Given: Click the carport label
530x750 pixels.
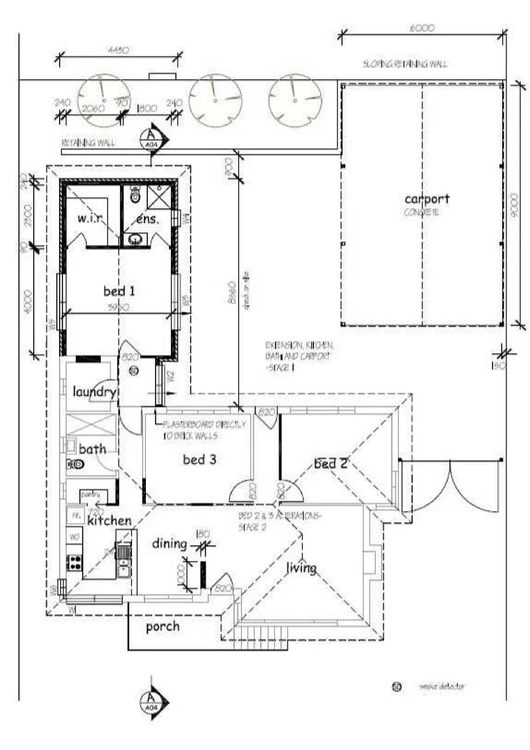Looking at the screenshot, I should [427, 199].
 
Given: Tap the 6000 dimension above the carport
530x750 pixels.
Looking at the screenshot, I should [422, 28].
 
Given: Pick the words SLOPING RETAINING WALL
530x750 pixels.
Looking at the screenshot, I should [405, 64].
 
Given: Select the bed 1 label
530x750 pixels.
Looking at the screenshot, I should [119, 291].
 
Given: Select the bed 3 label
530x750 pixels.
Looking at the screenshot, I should [198, 459].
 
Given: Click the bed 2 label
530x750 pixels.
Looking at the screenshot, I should [331, 463].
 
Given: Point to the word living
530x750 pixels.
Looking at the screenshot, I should [301, 569].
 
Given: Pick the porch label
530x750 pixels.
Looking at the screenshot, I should [163, 626].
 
